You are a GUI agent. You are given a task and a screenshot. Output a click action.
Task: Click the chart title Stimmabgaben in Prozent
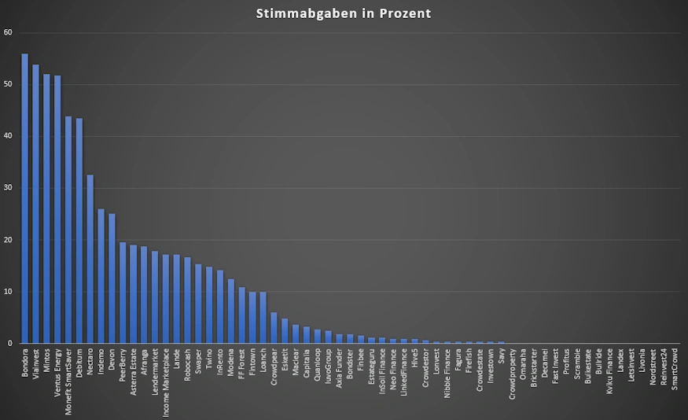pyautogui.click(x=344, y=13)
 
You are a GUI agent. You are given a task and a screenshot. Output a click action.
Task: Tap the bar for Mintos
pyautogui.click(x=46, y=208)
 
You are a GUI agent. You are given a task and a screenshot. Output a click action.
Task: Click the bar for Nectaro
pyautogui.click(x=90, y=259)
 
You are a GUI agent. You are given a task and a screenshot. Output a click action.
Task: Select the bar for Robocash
pyautogui.click(x=187, y=300)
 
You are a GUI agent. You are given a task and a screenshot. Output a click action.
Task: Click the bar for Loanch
pyautogui.click(x=263, y=318)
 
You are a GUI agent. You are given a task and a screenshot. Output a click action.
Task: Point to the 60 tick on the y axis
pyautogui.click(x=8, y=32)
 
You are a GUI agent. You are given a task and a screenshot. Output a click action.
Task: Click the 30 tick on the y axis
pyautogui.click(x=8, y=188)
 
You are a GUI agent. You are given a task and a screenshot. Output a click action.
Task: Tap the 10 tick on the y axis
pyautogui.click(x=8, y=292)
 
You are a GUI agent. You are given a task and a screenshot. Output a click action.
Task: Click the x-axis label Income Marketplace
pyautogui.click(x=166, y=382)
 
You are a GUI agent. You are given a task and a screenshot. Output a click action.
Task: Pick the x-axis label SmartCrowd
pyautogui.click(x=675, y=370)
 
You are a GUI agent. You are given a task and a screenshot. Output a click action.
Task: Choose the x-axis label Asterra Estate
pyautogui.click(x=133, y=374)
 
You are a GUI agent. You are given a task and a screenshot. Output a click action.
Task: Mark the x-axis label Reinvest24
pyautogui.click(x=664, y=369)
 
